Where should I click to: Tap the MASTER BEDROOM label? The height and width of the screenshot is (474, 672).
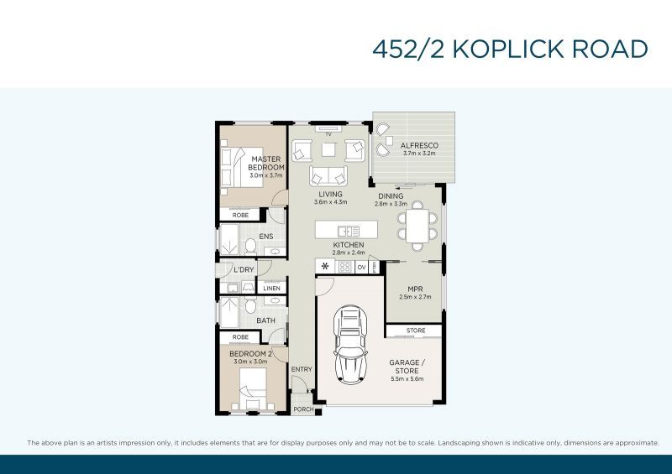(x=266, y=163)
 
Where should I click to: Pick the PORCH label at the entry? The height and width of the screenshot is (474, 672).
(x=302, y=409)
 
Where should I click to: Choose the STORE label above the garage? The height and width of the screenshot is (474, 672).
(x=415, y=331)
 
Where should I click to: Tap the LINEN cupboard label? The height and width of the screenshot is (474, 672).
(x=271, y=289)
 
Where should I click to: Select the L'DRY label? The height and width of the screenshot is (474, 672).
(x=244, y=269)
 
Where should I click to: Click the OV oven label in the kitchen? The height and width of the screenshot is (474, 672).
(x=362, y=267)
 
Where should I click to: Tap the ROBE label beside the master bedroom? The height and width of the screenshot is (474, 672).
(x=240, y=216)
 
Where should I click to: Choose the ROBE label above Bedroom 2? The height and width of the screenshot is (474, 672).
(x=240, y=337)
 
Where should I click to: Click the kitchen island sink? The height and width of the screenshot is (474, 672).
(x=348, y=231)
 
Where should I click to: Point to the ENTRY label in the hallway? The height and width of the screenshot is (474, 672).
(x=301, y=369)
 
